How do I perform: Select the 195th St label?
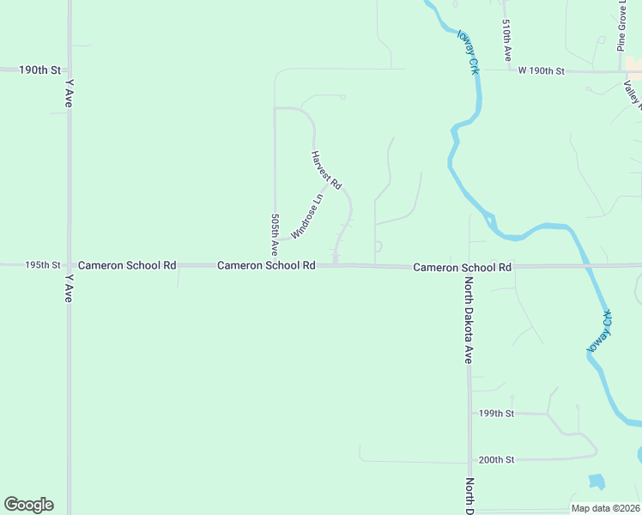pos(43,266)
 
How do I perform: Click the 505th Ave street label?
pos(275,235)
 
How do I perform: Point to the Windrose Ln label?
pos(306,216)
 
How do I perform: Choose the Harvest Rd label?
pos(326,170)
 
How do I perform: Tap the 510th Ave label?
pos(508,40)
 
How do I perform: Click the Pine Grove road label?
pos(621,26)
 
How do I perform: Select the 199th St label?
pos(496,414)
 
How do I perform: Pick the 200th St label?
pos(496,460)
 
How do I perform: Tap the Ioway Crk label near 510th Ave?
pos(468,51)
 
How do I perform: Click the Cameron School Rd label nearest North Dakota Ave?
pos(462,268)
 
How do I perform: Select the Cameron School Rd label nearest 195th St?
pos(127,266)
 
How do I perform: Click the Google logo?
pos(28,505)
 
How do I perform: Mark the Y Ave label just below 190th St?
pos(69,94)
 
